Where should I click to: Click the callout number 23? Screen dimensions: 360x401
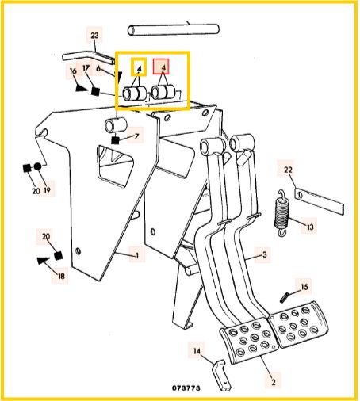(x=94, y=36)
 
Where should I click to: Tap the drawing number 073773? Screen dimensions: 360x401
(x=186, y=388)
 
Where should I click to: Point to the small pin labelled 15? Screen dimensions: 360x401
(x=284, y=297)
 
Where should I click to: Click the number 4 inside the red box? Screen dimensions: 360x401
(x=163, y=68)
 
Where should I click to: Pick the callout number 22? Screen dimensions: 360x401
(x=288, y=170)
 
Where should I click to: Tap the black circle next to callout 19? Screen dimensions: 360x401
(x=38, y=166)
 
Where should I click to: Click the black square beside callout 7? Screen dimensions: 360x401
(x=115, y=140)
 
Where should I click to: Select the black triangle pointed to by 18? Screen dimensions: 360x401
(x=44, y=261)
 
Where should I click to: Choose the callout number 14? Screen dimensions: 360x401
(x=197, y=351)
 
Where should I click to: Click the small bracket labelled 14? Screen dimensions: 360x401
(x=221, y=375)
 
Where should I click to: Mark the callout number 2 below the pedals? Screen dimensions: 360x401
(x=274, y=382)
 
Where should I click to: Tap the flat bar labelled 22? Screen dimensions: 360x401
(x=319, y=200)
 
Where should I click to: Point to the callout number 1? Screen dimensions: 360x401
(x=137, y=255)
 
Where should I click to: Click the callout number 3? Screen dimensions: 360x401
(x=265, y=254)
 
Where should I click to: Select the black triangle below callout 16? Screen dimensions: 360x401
(x=80, y=88)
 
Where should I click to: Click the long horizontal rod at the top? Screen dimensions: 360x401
(x=174, y=29)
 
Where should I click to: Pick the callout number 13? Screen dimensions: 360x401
(x=310, y=227)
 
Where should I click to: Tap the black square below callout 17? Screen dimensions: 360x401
(x=95, y=91)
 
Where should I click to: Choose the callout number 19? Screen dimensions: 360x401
(x=47, y=189)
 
